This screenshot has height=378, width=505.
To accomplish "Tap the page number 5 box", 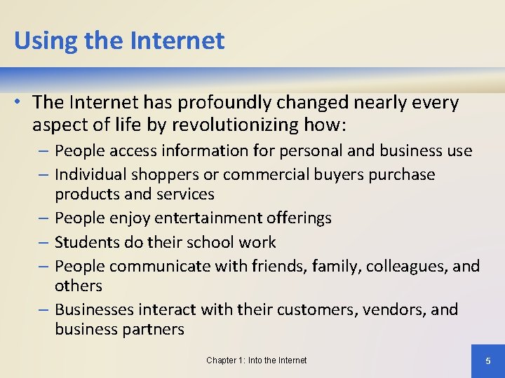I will tap(488, 360).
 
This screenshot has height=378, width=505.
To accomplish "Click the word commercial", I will tap(267, 174).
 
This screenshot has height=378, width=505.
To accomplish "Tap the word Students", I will tap(86, 242).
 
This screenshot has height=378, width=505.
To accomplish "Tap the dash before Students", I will tap(44, 242).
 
